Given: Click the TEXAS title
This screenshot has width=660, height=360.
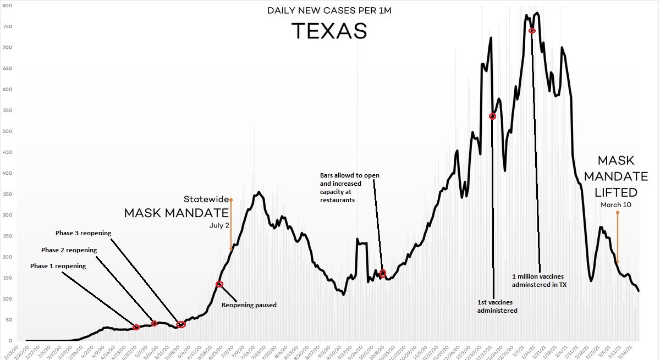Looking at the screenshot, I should point(329,31).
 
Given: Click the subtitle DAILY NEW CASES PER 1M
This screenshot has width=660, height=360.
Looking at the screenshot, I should point(329,10).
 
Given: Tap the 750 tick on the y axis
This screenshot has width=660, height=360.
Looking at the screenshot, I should point(5,26).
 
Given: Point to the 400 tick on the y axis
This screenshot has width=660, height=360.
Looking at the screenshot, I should point(5,173).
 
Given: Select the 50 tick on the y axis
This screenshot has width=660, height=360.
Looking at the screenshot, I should point(5,320).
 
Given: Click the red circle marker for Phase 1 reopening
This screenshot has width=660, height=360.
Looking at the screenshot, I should point(136,328).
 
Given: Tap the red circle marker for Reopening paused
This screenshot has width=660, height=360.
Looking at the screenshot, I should point(219,284).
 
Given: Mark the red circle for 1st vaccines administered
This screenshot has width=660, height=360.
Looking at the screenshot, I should point(492,116).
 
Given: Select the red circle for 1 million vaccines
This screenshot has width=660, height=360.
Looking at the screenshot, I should point(532,30).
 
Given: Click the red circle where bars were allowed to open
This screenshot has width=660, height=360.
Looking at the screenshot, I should point(383,273).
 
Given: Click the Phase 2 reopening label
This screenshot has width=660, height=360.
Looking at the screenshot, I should point(69,250).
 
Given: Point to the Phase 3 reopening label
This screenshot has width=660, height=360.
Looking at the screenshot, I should point(84,233).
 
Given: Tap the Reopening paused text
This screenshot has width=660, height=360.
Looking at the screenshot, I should point(249,305).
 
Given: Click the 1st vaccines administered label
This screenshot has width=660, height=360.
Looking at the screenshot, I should point(497,306).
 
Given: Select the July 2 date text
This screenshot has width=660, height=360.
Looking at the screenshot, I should point(219,225).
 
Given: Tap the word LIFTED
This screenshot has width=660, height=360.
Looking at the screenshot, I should point(617,193).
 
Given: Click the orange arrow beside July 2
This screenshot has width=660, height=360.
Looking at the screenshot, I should point(231,225).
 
